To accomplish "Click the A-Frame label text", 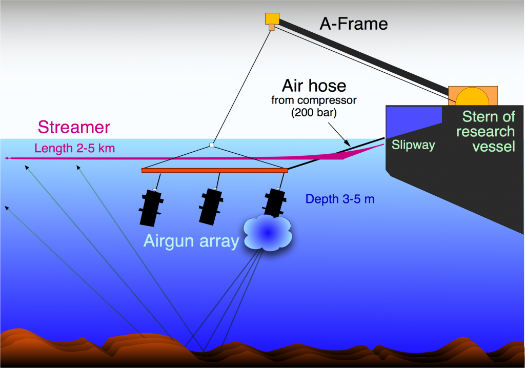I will click(x=353, y=24).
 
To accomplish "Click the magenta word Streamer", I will click(x=74, y=128).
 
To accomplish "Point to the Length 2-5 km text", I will click(x=74, y=149).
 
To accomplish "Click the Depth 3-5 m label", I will click(x=339, y=199).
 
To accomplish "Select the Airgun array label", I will click(x=191, y=241).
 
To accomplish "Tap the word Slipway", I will click(x=413, y=145).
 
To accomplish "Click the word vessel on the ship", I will click(x=485, y=147).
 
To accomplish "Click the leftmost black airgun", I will click(x=151, y=207).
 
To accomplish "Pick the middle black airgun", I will click(x=211, y=206).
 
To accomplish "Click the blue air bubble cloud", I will click(x=267, y=233).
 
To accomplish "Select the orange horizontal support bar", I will click(x=214, y=170).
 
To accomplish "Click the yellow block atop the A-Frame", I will click(x=272, y=19).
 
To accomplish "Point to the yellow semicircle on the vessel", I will click(x=473, y=97).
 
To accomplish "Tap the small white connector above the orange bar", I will click(x=211, y=145).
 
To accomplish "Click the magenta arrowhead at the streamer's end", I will click(x=7, y=158).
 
